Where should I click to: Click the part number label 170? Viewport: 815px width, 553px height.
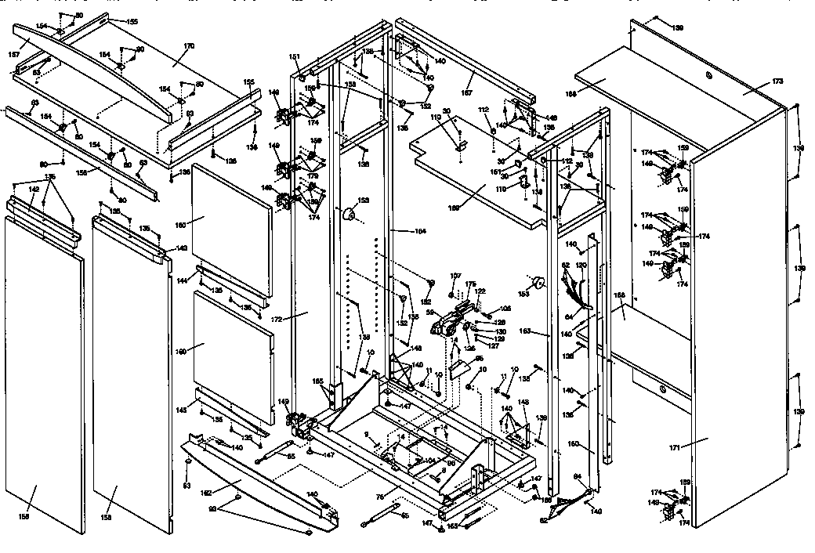187,46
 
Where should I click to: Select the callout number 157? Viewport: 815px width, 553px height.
13,55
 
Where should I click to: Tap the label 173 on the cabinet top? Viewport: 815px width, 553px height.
755,81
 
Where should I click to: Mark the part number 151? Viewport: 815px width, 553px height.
295,56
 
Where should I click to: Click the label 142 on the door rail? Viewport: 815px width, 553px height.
34,189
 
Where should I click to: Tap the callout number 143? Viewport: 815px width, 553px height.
182,248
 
